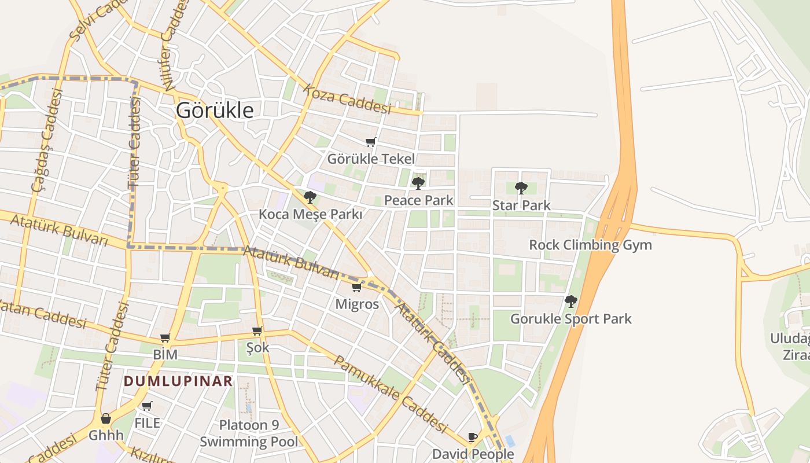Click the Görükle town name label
pyautogui.click(x=215, y=110)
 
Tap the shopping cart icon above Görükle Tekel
pyautogui.click(x=371, y=142)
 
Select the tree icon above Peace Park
pyautogui.click(x=418, y=183)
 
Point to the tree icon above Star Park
pyautogui.click(x=521, y=188)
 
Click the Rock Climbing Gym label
pyautogui.click(x=590, y=245)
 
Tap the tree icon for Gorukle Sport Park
pyautogui.click(x=571, y=302)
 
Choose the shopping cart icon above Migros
pyautogui.click(x=357, y=288)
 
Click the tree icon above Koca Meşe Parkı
pyautogui.click(x=310, y=197)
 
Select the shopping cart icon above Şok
pyautogui.click(x=257, y=331)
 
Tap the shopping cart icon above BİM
pyautogui.click(x=165, y=337)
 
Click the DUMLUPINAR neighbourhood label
pyautogui.click(x=178, y=381)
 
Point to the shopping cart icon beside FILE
pyautogui.click(x=147, y=406)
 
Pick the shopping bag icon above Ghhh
pyautogui.click(x=106, y=418)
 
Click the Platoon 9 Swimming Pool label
pyautogui.click(x=249, y=433)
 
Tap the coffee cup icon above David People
pyautogui.click(x=473, y=437)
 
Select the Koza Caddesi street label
pyautogui.click(x=347, y=100)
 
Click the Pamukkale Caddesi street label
pyautogui.click(x=391, y=394)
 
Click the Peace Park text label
pyautogui.click(x=418, y=200)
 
